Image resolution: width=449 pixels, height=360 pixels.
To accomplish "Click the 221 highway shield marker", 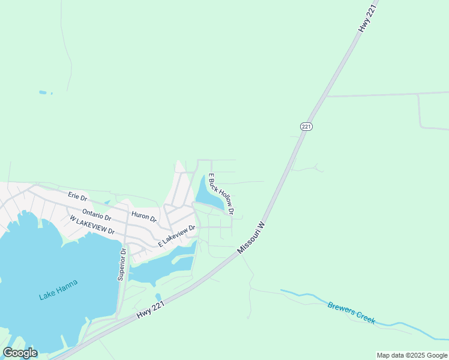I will pos(306,127).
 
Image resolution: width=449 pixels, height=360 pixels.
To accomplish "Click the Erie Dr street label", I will pos(77,196).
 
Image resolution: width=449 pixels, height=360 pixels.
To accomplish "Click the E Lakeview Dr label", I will pos(177,236).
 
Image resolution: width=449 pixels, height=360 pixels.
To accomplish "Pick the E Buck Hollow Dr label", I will pos(220,195).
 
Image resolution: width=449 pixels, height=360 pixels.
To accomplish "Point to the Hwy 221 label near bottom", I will pos(150,310).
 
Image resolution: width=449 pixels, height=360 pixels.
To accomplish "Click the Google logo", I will pos(20,353).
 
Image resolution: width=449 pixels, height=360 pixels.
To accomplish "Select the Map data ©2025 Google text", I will pos(412,355).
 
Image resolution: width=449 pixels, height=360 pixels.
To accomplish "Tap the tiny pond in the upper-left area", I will pos(42,92).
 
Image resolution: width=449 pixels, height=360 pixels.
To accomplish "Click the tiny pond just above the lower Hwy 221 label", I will pos(158,297).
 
